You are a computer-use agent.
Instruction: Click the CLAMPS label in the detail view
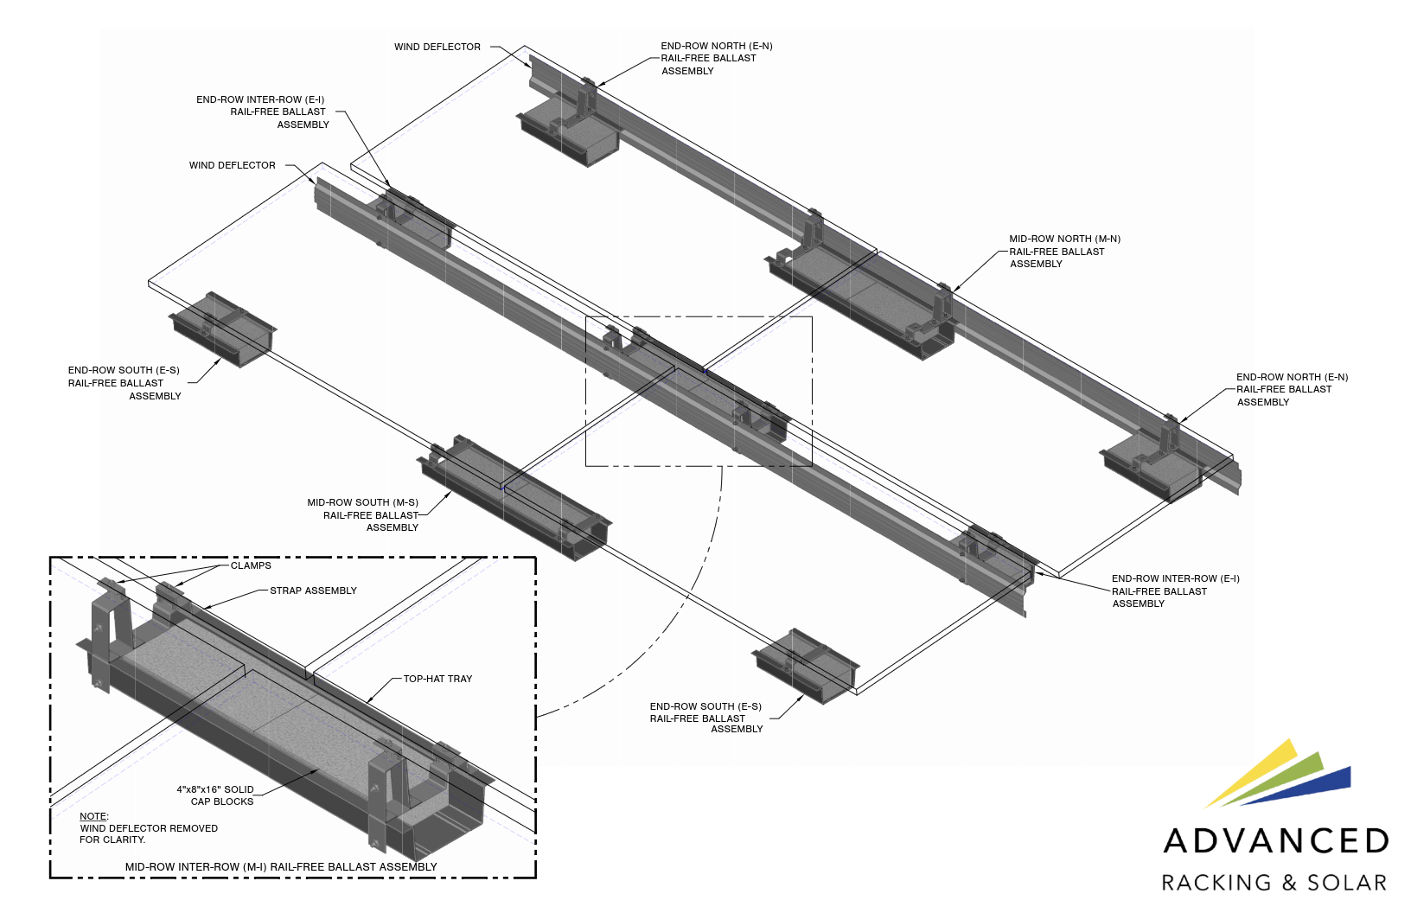251,565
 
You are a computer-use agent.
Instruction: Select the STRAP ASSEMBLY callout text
313,591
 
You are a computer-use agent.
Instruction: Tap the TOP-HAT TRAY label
437,679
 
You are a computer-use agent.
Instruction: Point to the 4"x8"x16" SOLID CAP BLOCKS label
216,795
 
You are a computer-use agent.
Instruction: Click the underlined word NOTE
93,816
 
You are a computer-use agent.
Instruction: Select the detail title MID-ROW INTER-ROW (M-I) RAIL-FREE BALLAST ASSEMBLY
281,866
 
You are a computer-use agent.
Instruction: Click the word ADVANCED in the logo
1276,841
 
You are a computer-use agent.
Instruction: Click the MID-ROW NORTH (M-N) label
1064,239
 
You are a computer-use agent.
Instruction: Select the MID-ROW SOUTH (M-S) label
363,502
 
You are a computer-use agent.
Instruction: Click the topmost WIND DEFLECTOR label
437,47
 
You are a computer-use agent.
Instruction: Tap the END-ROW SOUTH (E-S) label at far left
124,371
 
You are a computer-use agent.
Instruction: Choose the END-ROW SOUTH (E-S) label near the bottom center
705,706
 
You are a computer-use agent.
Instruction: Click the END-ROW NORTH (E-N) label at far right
1292,378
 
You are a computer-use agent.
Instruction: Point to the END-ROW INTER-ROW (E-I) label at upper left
260,99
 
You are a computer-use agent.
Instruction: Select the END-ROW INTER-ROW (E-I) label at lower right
1175,578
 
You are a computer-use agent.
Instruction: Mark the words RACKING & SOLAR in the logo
1274,883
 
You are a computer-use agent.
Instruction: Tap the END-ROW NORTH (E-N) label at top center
716,47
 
